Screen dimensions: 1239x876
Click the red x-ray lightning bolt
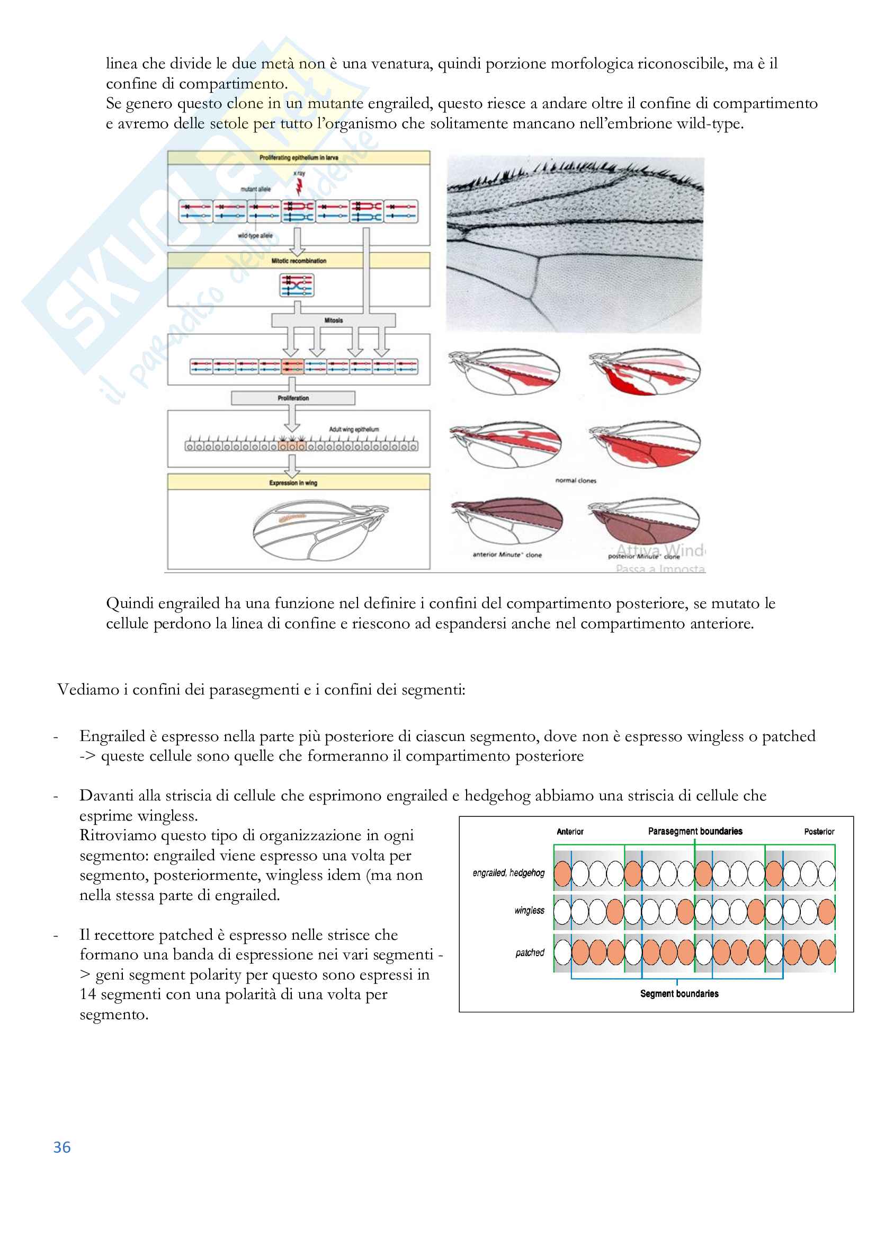pyautogui.click(x=298, y=186)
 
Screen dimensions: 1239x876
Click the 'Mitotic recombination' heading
pyautogui.click(x=298, y=261)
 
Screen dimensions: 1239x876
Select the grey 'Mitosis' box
pyautogui.click(x=333, y=320)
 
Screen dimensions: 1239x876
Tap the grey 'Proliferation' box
pyautogui.click(x=293, y=398)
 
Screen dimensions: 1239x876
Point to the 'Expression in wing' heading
pyautogui.click(x=293, y=483)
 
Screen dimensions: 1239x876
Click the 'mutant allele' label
pyautogui.click(x=255, y=189)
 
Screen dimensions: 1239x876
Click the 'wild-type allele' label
pyautogui.click(x=255, y=235)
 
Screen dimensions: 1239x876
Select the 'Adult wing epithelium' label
pyautogui.click(x=354, y=429)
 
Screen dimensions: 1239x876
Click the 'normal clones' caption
pyautogui.click(x=576, y=480)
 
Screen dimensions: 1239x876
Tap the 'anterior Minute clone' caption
pyautogui.click(x=506, y=554)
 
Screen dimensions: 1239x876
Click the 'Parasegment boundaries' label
pyautogui.click(x=695, y=831)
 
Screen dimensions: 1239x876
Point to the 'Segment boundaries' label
pyautogui.click(x=679, y=993)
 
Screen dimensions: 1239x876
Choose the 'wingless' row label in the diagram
pyautogui.click(x=529, y=911)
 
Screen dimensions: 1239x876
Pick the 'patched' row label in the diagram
pyautogui.click(x=530, y=952)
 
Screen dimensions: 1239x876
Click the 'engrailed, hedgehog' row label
pyautogui.click(x=508, y=872)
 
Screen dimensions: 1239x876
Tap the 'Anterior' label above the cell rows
pyautogui.click(x=570, y=832)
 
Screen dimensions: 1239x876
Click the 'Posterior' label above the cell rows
pyautogui.click(x=819, y=832)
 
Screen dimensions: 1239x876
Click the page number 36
pyautogui.click(x=62, y=1147)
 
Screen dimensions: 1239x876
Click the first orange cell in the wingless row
pyautogui.click(x=615, y=912)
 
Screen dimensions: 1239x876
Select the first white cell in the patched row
pyautogui.click(x=562, y=952)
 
